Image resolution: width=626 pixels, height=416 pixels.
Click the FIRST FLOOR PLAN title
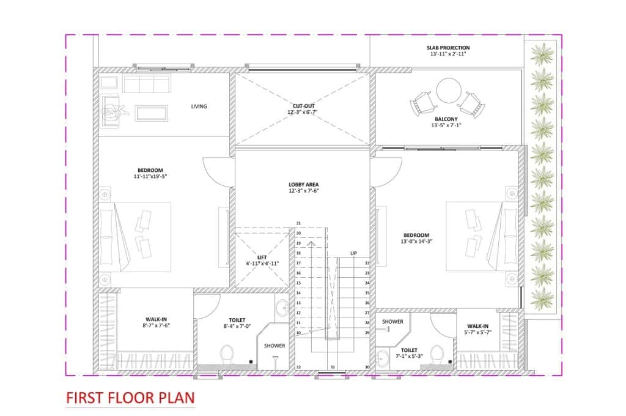tap(130, 398)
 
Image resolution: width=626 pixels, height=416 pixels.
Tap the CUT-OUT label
tap(304, 106)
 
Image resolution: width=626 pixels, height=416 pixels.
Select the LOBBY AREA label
tap(303, 185)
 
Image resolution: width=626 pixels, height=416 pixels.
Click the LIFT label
tap(262, 258)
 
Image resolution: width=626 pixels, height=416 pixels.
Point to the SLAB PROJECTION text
tap(448, 48)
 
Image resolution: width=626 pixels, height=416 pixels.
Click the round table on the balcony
tap(449, 91)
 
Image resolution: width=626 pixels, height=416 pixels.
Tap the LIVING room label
tap(199, 106)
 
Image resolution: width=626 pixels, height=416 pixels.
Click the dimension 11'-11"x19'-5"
tap(150, 176)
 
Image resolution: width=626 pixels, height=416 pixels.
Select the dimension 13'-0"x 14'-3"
tap(416, 242)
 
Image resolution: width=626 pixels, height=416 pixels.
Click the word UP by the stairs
tap(354, 253)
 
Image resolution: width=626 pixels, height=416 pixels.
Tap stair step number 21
tap(298, 223)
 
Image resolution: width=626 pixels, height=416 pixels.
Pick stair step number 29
tap(367, 333)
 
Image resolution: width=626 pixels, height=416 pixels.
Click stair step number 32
tap(298, 367)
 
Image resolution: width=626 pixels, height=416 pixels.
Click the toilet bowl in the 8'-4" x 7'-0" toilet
tap(227, 354)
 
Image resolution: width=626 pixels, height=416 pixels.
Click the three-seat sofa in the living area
tap(147, 83)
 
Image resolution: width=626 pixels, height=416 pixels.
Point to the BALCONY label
tap(446, 119)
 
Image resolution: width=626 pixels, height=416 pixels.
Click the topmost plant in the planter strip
tap(542, 54)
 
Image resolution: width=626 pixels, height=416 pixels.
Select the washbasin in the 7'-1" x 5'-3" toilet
tap(383, 358)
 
